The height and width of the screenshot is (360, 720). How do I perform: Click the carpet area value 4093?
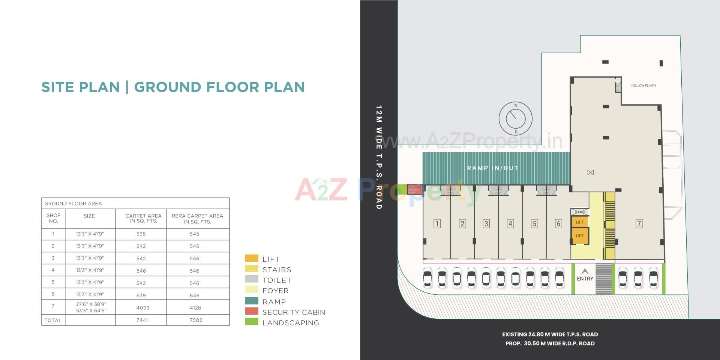[x=143, y=308]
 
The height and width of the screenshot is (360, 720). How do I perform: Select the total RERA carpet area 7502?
[x=196, y=320]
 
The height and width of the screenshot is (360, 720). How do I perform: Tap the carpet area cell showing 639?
[x=141, y=295]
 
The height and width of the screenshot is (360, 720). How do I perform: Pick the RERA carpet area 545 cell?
[x=194, y=234]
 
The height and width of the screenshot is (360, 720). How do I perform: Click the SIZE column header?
[x=89, y=216]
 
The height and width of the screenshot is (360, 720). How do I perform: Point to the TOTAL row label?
[x=53, y=320]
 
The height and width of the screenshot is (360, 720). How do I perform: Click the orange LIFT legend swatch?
[x=252, y=258]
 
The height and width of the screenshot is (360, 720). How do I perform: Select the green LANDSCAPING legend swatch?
[x=252, y=322]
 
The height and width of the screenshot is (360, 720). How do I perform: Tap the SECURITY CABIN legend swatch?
[x=252, y=311]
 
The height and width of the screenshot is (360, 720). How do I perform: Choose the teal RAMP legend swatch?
[x=252, y=301]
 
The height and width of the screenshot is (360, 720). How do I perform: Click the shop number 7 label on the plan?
[x=639, y=223]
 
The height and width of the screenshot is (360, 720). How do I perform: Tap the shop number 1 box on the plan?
[x=437, y=224]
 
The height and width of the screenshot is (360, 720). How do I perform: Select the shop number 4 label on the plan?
[x=510, y=224]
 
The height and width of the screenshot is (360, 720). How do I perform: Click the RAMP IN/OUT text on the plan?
[x=492, y=168]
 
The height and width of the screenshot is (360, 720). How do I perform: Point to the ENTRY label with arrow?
[x=585, y=275]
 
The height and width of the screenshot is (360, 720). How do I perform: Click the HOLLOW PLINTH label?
[x=643, y=85]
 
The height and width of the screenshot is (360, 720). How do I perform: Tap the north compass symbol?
[x=516, y=118]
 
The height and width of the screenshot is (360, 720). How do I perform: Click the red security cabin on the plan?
[x=414, y=189]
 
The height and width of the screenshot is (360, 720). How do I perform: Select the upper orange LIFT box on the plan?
[x=580, y=222]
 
